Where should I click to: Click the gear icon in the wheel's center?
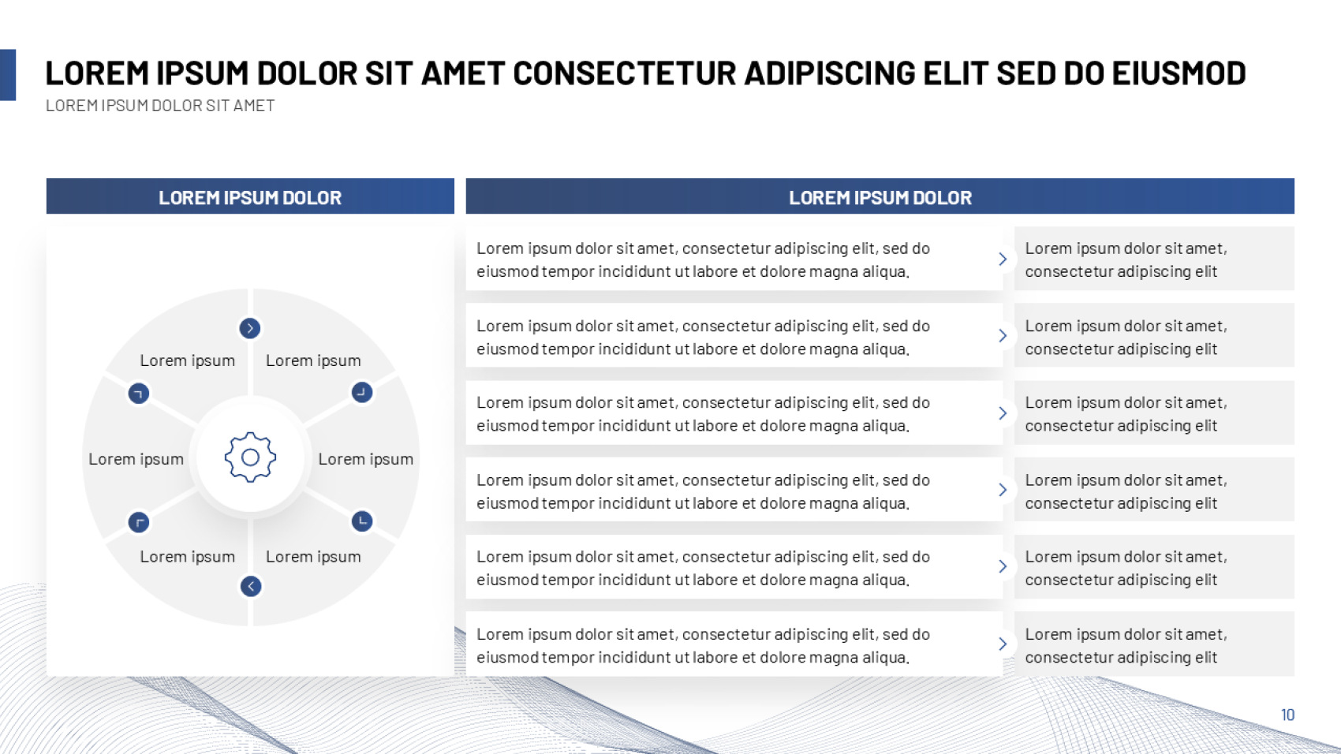(250, 457)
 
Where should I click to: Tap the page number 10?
(1287, 715)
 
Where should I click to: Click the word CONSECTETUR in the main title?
(625, 73)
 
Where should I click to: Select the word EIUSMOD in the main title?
(1179, 73)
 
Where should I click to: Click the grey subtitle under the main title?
(160, 106)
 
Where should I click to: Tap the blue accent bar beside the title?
(8, 75)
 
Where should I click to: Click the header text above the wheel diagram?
(250, 197)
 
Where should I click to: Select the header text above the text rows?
(880, 197)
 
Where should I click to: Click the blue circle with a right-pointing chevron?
(250, 328)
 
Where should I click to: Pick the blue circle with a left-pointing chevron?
(251, 586)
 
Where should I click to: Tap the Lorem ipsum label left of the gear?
(136, 459)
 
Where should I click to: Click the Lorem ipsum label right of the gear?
(366, 459)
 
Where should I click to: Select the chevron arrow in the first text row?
(1003, 259)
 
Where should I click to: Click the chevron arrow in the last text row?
(1003, 644)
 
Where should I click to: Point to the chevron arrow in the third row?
(1003, 413)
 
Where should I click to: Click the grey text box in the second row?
(1154, 335)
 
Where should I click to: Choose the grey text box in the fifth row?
(1154, 566)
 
